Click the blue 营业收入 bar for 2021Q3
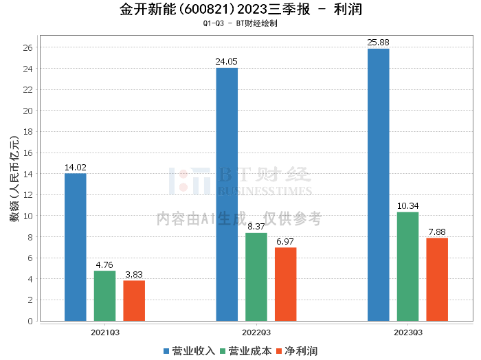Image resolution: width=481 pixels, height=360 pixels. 75,247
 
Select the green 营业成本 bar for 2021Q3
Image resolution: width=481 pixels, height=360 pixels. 104,296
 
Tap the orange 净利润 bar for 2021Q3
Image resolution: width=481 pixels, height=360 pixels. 134,301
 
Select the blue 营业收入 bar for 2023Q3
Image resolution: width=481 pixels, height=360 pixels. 378,185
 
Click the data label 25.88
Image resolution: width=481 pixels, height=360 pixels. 378,43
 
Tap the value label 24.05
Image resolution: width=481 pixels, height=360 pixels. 227,62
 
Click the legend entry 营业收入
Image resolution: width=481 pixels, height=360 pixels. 190,351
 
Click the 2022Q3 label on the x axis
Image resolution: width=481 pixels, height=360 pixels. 256,333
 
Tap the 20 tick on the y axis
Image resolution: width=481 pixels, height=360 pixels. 28,111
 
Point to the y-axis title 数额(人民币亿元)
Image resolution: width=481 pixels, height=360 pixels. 14,185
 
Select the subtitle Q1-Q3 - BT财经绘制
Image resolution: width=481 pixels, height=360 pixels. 240,23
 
